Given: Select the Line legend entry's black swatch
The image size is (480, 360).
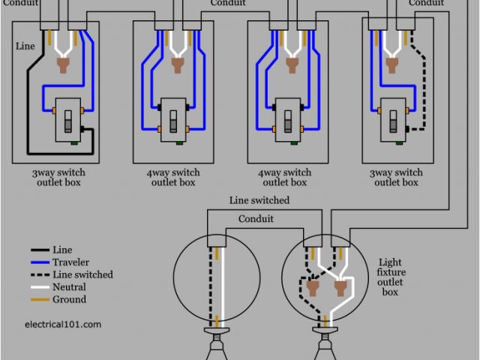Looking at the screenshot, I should [40, 250].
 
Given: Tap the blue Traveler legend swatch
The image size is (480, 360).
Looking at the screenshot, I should [40, 262].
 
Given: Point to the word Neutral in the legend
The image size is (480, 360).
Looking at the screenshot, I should [69, 287].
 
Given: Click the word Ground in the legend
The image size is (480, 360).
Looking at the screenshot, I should [69, 299].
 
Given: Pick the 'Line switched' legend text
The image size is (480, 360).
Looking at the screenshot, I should [82, 274].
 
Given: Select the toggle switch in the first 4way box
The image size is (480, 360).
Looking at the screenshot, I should [172, 121].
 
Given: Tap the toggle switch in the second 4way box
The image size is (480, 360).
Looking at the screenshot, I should [287, 121].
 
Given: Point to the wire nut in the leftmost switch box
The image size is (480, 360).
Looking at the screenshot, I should [64, 67].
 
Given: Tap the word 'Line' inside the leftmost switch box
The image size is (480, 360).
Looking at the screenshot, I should [25, 46].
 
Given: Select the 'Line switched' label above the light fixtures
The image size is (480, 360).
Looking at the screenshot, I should [259, 201].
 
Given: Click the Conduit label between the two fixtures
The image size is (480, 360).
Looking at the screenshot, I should [256, 219].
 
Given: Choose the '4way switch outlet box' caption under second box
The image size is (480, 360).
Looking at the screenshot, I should [172, 178].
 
